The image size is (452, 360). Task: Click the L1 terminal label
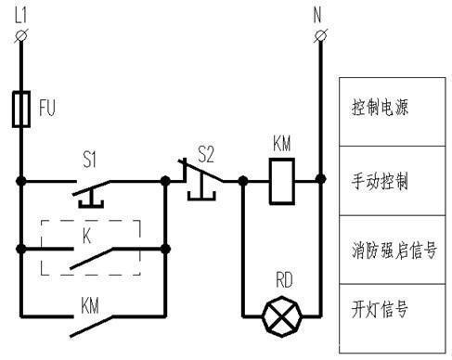[x=19, y=12]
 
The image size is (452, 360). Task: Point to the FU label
[x=46, y=109]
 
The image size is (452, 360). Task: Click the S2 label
[x=206, y=150]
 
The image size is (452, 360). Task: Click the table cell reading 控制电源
[x=387, y=108]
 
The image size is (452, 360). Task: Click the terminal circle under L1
[x=19, y=34]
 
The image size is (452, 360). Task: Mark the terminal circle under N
[x=320, y=34]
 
